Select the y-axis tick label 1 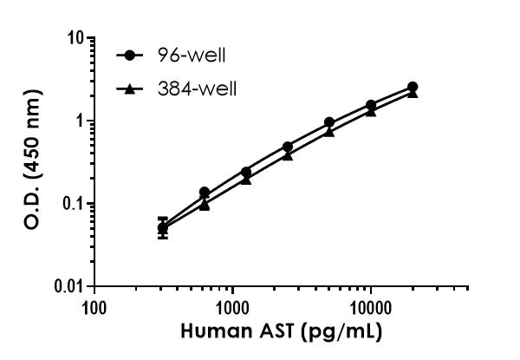[x=79, y=121]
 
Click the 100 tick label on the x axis [x=94, y=307]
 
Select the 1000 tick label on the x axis [x=232, y=307]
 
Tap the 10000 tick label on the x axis [x=370, y=307]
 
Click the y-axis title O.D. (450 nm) [x=33, y=163]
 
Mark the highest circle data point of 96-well [x=413, y=87]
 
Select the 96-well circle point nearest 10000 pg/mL [x=371, y=105]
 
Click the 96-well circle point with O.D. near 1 [x=329, y=122]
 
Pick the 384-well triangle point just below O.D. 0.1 [x=205, y=205]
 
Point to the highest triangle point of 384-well [x=413, y=93]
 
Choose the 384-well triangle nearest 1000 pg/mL [x=246, y=180]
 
